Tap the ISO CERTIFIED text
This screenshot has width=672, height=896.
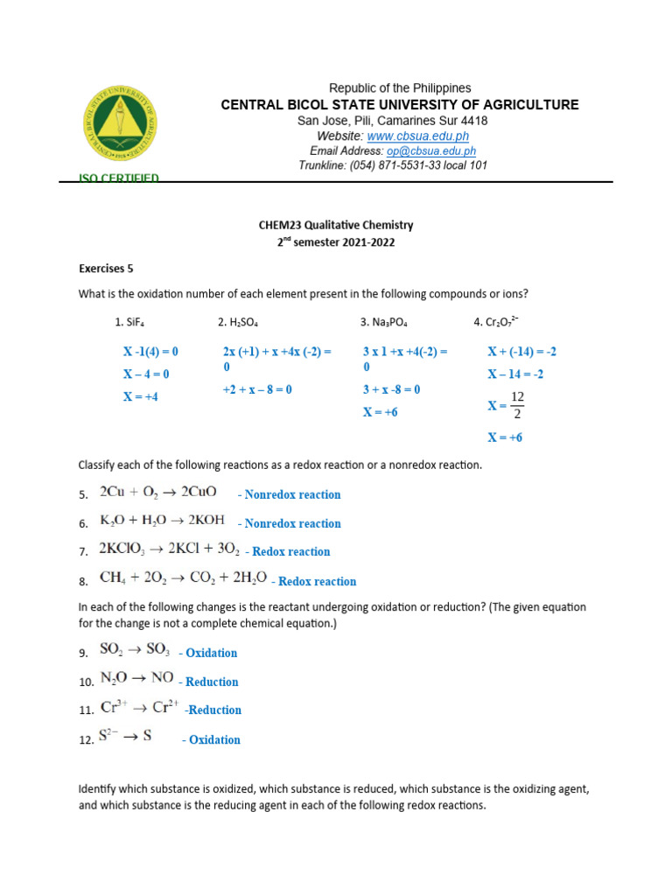click(x=119, y=178)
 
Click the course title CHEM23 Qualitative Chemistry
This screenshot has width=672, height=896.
click(x=336, y=226)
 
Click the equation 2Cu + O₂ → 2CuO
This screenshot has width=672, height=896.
click(x=158, y=493)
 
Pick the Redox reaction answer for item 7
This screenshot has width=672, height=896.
click(x=290, y=552)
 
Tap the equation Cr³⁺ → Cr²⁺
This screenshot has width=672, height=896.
click(x=141, y=708)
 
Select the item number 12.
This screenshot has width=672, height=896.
click(x=86, y=740)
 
